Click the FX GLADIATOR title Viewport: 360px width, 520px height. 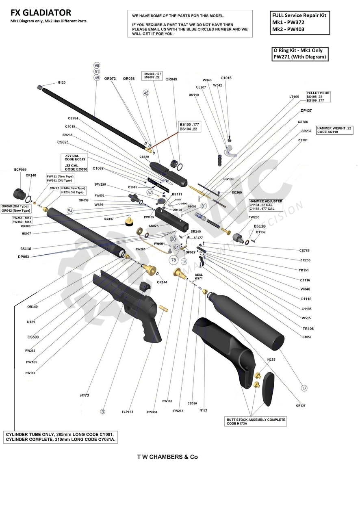click(x=41, y=13)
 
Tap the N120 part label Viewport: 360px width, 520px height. click(x=61, y=82)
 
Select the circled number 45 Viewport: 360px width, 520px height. click(x=146, y=93)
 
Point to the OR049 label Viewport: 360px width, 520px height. click(x=171, y=79)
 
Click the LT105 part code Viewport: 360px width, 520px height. click(x=294, y=97)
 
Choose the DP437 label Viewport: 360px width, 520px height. click(x=306, y=110)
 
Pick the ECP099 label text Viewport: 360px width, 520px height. click(x=20, y=169)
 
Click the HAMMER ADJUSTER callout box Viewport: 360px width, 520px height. click(x=265, y=205)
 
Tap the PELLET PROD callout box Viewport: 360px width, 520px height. click(x=318, y=97)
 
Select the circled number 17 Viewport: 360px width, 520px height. click(x=304, y=388)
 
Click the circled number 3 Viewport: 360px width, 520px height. click(x=102, y=412)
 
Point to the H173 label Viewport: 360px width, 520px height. click(x=85, y=395)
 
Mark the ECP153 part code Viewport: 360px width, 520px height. click(x=128, y=412)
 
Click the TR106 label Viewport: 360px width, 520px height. click(x=308, y=328)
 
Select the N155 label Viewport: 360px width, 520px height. click(x=271, y=360)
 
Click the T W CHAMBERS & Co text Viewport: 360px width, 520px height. click(x=167, y=457)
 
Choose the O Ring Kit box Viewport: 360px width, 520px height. click(x=300, y=54)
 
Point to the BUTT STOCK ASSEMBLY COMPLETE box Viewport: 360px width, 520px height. click(x=256, y=421)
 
